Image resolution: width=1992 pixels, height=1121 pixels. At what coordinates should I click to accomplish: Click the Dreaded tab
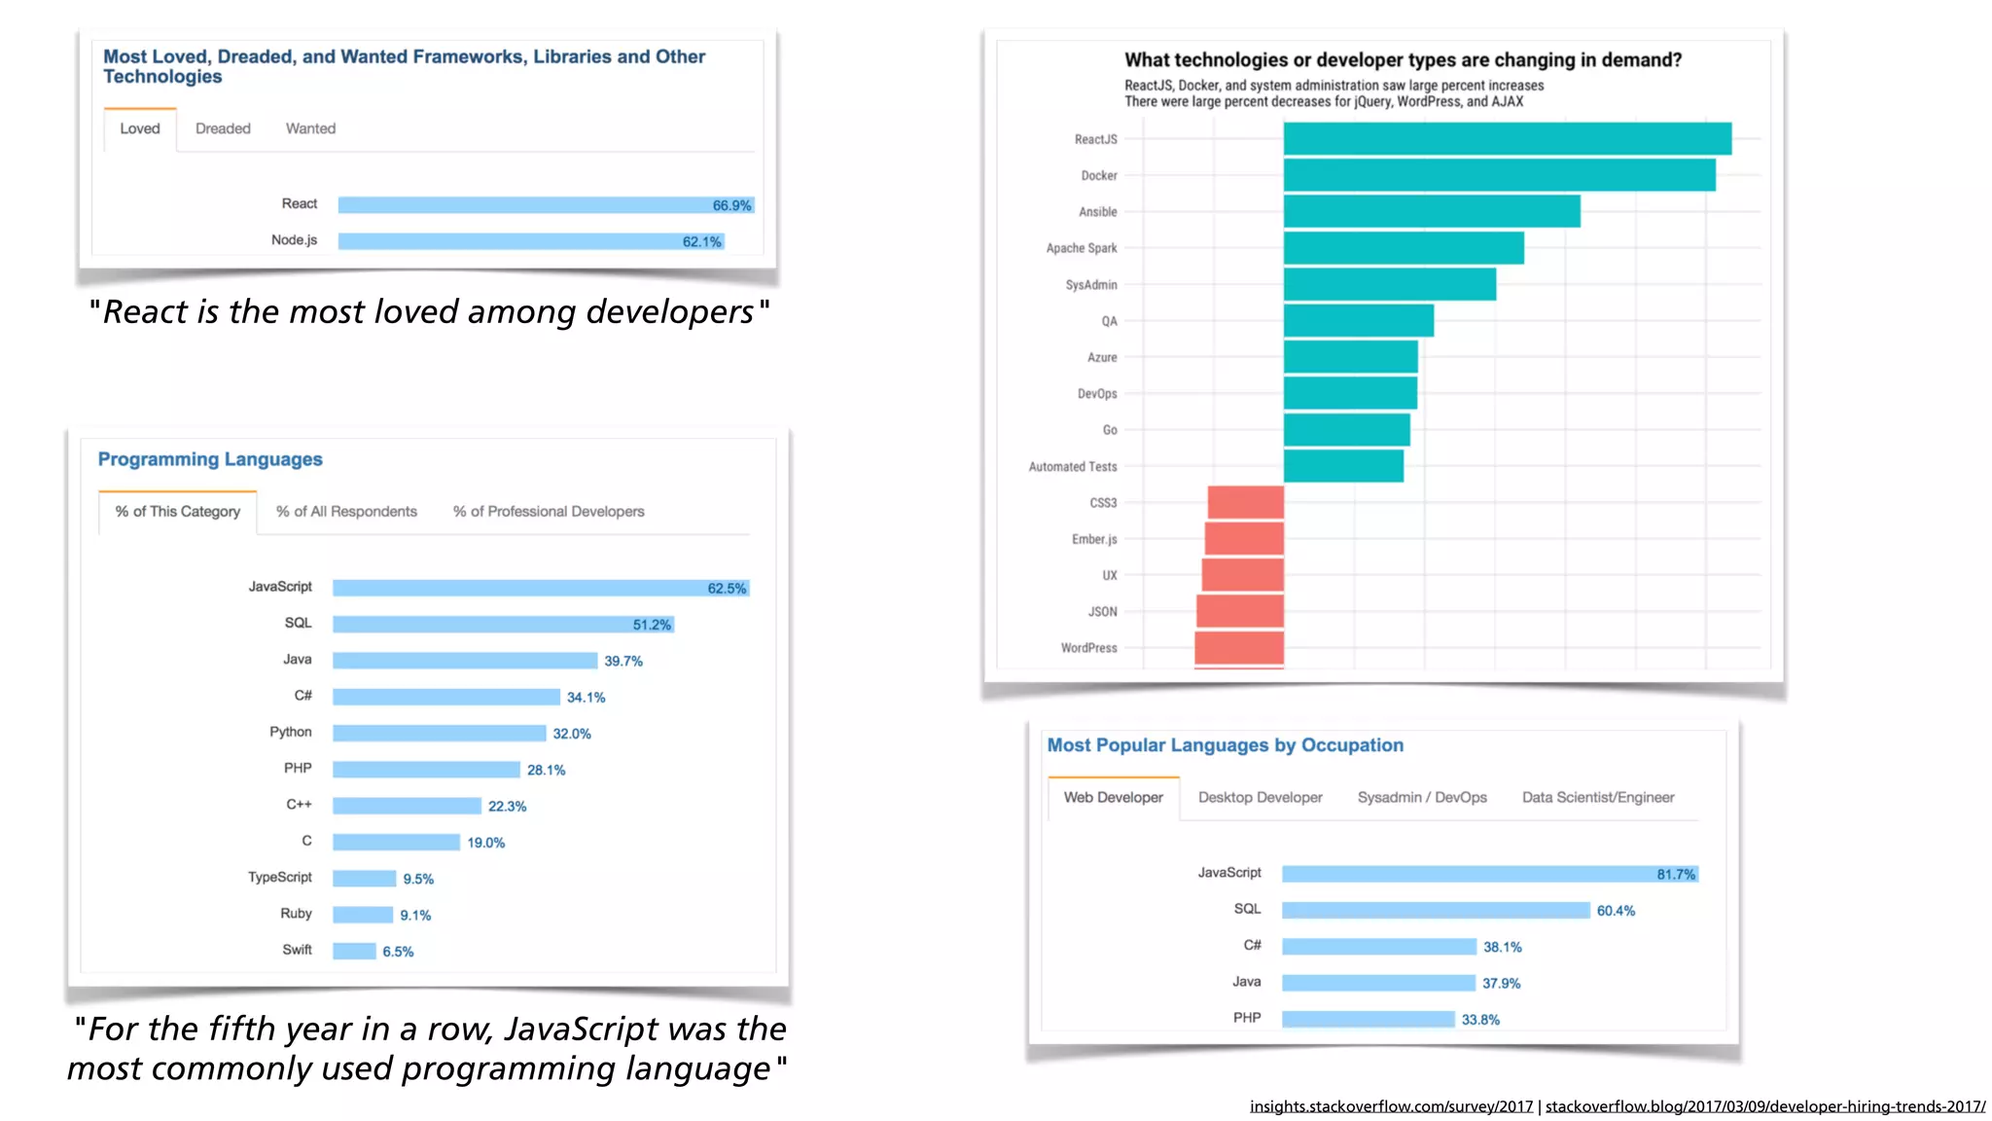pyautogui.click(x=223, y=128)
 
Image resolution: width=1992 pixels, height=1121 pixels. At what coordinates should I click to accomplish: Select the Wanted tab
pyautogui.click(x=310, y=128)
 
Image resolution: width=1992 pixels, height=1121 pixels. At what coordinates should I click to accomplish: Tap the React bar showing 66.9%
pyautogui.click(x=525, y=205)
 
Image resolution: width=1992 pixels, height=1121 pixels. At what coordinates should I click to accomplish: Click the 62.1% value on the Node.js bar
pyautogui.click(x=701, y=241)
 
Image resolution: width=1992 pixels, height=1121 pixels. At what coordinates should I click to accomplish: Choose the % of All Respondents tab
pyautogui.click(x=346, y=512)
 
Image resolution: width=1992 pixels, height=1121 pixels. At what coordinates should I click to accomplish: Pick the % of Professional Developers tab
pyautogui.click(x=549, y=512)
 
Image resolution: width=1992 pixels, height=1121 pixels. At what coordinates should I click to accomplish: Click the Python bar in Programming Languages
pyautogui.click(x=439, y=734)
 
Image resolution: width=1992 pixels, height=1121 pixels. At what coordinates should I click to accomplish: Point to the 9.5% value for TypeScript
pyautogui.click(x=418, y=879)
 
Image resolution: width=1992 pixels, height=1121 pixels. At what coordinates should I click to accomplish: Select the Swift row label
pyautogui.click(x=297, y=950)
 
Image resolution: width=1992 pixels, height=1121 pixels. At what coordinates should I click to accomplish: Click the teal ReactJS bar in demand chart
pyautogui.click(x=1507, y=139)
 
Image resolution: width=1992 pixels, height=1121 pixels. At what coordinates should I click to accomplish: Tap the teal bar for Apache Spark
pyautogui.click(x=1404, y=248)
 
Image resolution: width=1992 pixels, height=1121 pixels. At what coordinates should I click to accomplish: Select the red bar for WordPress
pyautogui.click(x=1239, y=648)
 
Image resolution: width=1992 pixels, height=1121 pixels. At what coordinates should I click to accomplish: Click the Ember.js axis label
pyautogui.click(x=1094, y=539)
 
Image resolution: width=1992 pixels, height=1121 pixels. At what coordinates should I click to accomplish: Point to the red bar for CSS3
pyautogui.click(x=1246, y=503)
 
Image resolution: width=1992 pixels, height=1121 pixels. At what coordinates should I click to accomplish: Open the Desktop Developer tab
pyautogui.click(x=1260, y=798)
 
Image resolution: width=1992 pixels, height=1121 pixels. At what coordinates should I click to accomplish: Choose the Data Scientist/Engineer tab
pyautogui.click(x=1598, y=798)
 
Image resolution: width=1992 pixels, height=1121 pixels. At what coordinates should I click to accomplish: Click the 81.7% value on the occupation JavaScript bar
pyautogui.click(x=1675, y=875)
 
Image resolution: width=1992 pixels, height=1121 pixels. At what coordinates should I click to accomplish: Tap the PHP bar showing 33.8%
pyautogui.click(x=1368, y=1020)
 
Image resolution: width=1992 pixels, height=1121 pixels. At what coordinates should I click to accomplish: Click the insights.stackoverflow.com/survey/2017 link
pyautogui.click(x=1391, y=1106)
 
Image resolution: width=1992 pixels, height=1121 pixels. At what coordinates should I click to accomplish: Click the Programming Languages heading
pyautogui.click(x=210, y=459)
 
